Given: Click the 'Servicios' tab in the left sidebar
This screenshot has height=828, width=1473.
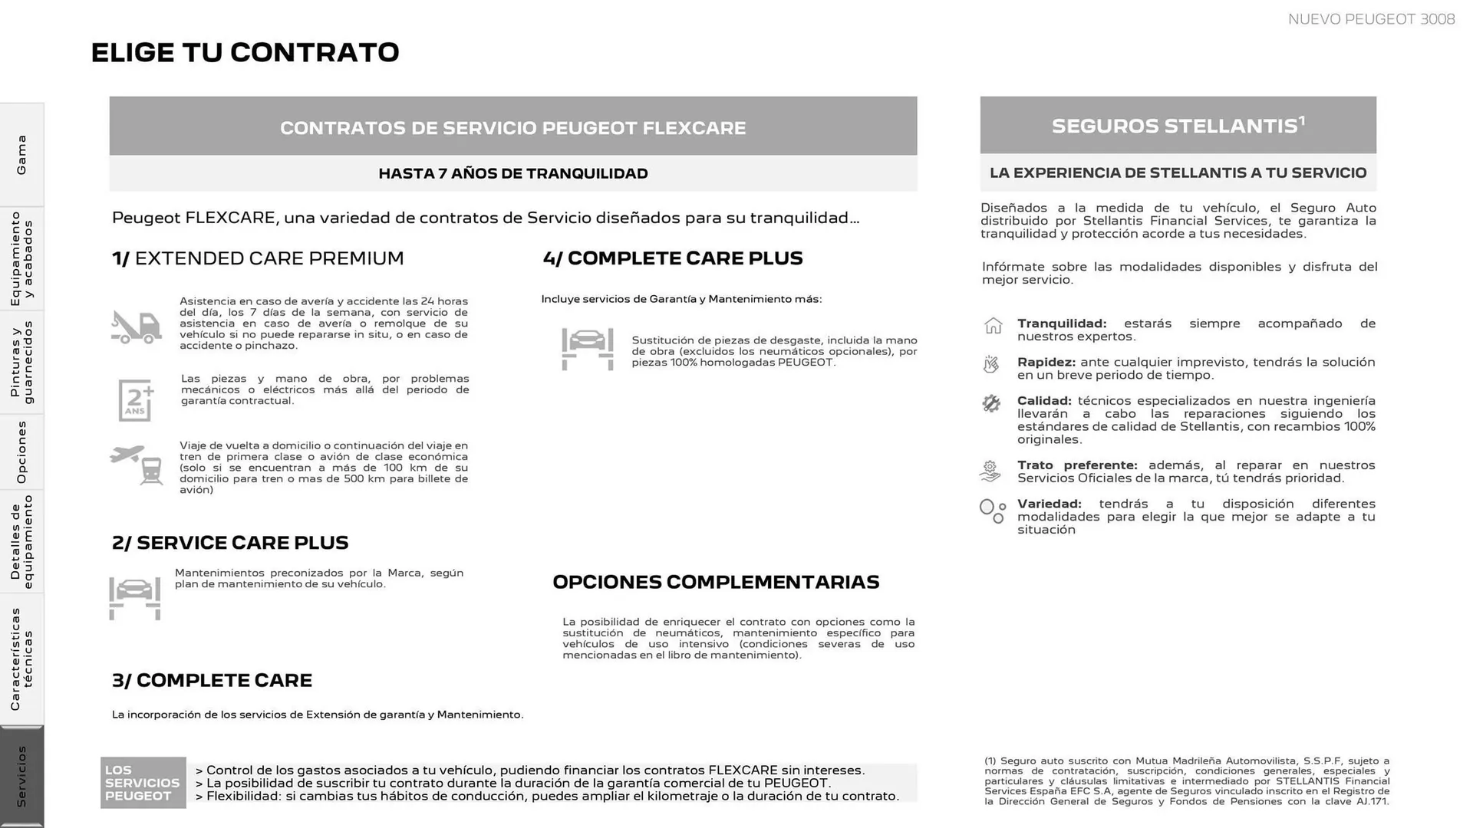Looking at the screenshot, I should point(21,775).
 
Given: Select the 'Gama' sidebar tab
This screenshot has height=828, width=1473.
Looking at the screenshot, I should point(21,155).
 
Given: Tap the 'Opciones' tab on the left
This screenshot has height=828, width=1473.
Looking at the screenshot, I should point(21,452).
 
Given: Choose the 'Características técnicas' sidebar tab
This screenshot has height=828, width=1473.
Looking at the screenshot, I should point(21,659).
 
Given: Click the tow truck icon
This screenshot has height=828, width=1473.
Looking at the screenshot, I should point(136,327).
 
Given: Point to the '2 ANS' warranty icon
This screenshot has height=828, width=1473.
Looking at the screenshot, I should point(136,399).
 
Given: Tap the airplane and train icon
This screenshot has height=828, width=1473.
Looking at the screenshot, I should point(137,465).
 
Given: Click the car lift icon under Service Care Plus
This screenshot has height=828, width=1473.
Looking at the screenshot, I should point(135,597).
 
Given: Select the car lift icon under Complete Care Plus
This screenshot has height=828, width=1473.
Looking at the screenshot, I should point(588,349).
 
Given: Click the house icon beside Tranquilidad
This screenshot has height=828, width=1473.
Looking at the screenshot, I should point(993,326).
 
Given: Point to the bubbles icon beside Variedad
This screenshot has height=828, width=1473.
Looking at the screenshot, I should point(992,511).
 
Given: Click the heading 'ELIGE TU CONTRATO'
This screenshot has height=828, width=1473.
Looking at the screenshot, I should point(245,52).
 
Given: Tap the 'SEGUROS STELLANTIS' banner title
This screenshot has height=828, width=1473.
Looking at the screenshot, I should point(1178,126).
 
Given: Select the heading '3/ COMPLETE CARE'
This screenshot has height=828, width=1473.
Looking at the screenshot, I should point(212,680).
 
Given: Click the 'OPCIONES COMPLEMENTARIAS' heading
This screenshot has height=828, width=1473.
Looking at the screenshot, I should point(716,582).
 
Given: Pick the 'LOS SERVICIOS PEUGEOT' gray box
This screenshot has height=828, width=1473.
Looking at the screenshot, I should point(143,783).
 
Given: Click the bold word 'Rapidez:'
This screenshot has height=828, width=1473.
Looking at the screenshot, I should point(1046,362).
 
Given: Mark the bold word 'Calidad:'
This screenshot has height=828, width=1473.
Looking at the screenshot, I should point(1043,400).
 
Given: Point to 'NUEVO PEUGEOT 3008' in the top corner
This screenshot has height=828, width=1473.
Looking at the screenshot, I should point(1371,19).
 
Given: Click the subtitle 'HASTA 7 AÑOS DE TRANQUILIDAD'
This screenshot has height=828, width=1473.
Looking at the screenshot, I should point(512,173).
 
